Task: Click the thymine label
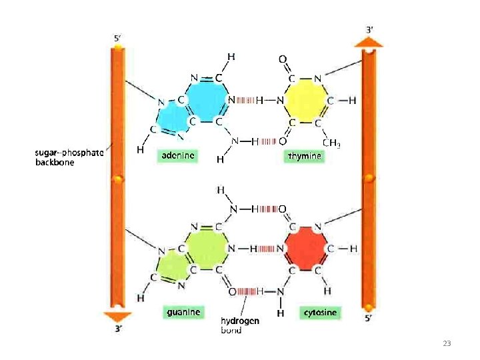[x=305, y=156]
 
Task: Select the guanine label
[x=183, y=311]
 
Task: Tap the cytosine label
[x=320, y=312]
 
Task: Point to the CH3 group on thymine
[x=331, y=142]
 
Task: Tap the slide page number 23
[x=447, y=343]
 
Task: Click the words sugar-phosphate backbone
[x=69, y=158]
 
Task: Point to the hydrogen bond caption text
[x=239, y=325]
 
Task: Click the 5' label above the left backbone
[x=117, y=39]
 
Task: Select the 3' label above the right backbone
[x=370, y=30]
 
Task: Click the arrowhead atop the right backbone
[x=369, y=42]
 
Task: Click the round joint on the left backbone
[x=118, y=181]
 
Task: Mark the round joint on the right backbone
[x=369, y=178]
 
